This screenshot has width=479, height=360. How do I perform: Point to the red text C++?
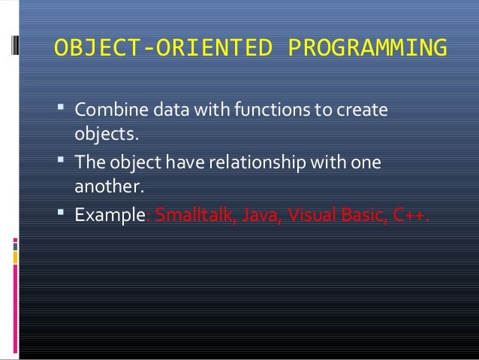pos(411,216)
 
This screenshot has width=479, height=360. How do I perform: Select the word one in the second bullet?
pos(367,164)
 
